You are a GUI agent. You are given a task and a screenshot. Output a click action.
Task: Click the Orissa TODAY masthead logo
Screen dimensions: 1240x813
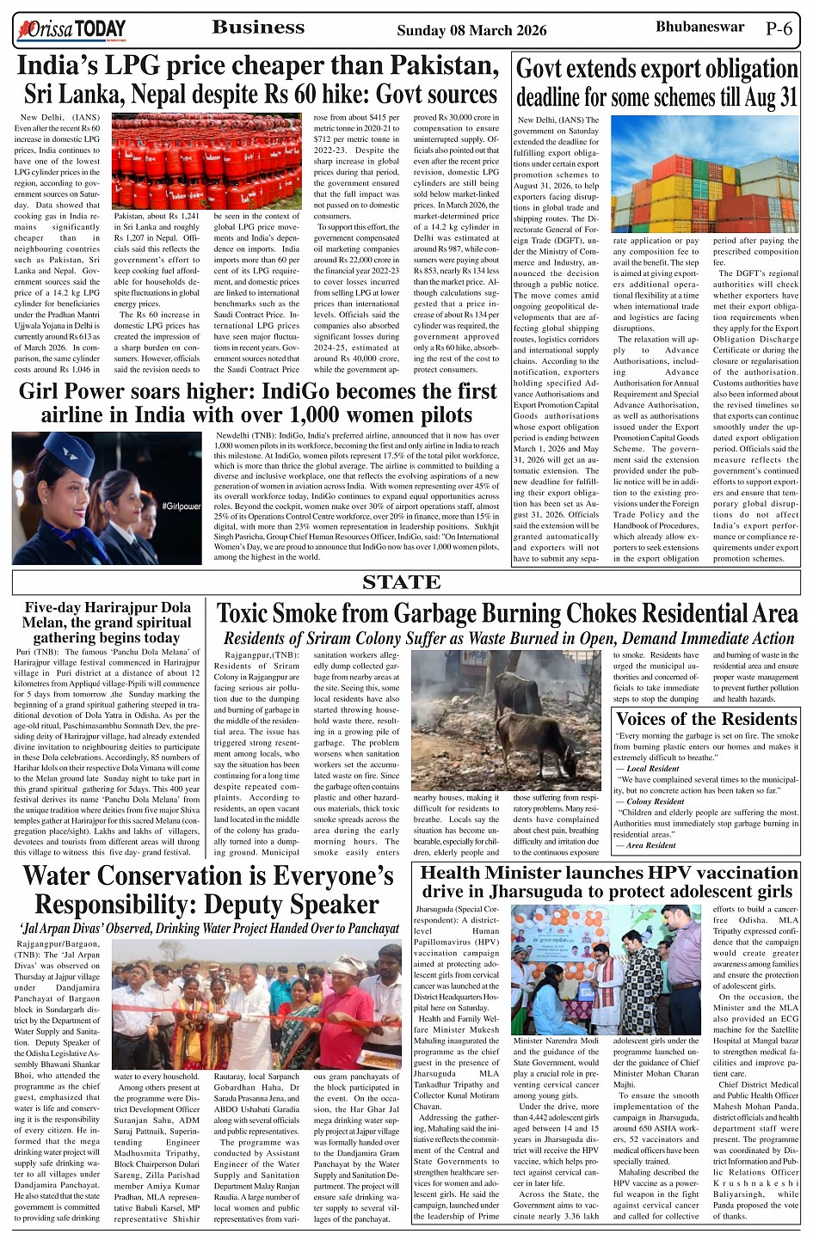[71, 30]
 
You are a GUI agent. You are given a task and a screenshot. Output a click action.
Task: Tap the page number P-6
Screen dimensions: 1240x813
[779, 28]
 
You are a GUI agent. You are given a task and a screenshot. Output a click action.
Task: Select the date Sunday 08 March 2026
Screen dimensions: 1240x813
[471, 31]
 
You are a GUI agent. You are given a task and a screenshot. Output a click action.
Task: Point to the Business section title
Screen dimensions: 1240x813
[258, 28]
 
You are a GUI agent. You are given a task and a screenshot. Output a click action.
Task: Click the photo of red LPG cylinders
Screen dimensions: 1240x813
[206, 161]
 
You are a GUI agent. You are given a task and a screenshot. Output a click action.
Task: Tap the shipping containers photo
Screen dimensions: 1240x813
[705, 175]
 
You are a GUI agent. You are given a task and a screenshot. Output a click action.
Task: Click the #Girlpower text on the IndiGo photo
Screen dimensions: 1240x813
[181, 506]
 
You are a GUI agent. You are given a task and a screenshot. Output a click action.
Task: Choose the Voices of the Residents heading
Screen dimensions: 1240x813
[706, 719]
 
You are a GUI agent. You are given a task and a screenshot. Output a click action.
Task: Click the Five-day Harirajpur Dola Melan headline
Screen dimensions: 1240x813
[108, 622]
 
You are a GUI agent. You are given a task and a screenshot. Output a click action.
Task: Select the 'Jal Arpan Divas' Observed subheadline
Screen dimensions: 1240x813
[209, 929]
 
